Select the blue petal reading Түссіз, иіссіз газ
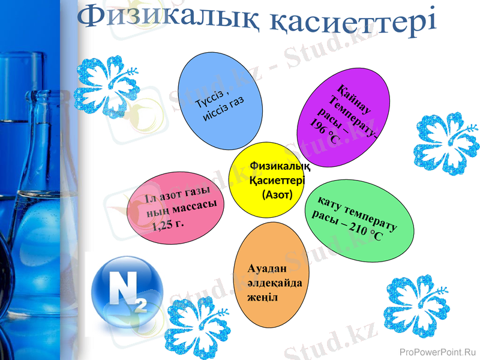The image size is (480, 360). coord(221,99)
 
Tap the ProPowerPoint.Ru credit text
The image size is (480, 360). coord(437,352)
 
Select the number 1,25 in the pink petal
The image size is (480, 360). coord(161,226)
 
